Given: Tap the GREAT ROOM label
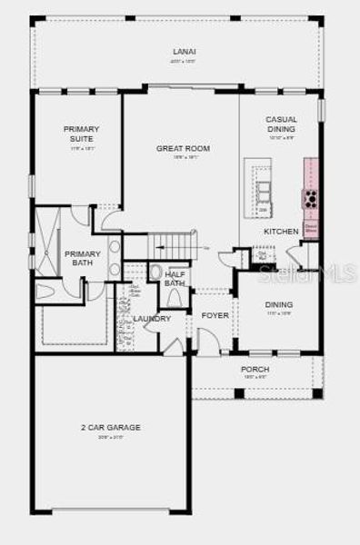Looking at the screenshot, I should pyautogui.click(x=184, y=148).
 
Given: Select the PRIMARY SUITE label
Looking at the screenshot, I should pyautogui.click(x=81, y=134).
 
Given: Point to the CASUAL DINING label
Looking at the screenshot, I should pyautogui.click(x=281, y=124).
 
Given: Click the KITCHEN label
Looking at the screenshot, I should pyautogui.click(x=281, y=232).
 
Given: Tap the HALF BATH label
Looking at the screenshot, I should pyautogui.click(x=175, y=278).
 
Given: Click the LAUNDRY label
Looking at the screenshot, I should pyautogui.click(x=152, y=319).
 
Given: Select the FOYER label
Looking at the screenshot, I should pyautogui.click(x=215, y=315).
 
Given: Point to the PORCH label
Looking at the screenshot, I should pyautogui.click(x=255, y=370).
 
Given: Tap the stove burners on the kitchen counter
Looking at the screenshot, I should pyautogui.click(x=310, y=198).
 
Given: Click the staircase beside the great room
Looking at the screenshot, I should pyautogui.click(x=173, y=245).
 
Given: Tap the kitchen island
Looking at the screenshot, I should pyautogui.click(x=263, y=192).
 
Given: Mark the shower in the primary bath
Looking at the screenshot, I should pyautogui.click(x=51, y=223).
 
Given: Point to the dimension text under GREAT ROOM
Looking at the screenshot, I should pyautogui.click(x=184, y=158).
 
